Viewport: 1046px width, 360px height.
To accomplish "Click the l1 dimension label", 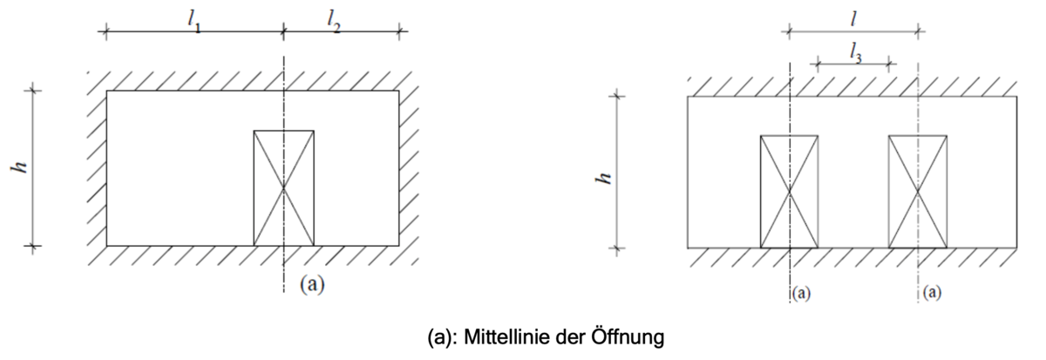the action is pos(194,21).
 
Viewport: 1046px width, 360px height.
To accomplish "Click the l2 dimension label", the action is pos(333,21).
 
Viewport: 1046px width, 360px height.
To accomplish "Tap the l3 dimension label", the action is pos(855,54).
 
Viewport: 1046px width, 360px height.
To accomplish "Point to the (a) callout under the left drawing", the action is pos(312,284).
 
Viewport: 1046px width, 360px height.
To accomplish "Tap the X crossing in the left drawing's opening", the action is pos(283,187).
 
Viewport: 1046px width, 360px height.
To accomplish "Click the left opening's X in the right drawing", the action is pos(789,192).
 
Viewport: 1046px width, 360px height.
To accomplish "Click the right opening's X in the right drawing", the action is pos(918,192).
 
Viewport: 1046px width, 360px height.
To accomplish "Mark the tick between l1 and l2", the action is pos(283,31).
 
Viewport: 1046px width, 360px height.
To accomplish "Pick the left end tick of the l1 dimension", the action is pos(105,31).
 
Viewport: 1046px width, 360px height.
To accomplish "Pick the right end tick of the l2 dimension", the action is pos(399,31).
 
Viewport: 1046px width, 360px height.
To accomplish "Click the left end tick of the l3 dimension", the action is pos(818,64).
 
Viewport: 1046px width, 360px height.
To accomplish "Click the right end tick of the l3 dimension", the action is pos(889,64).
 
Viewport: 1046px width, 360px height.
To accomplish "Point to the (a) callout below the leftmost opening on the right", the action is pos(801,293).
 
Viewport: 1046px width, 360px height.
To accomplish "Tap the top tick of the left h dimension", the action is pos(33,91).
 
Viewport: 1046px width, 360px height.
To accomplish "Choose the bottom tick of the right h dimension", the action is pos(617,248).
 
